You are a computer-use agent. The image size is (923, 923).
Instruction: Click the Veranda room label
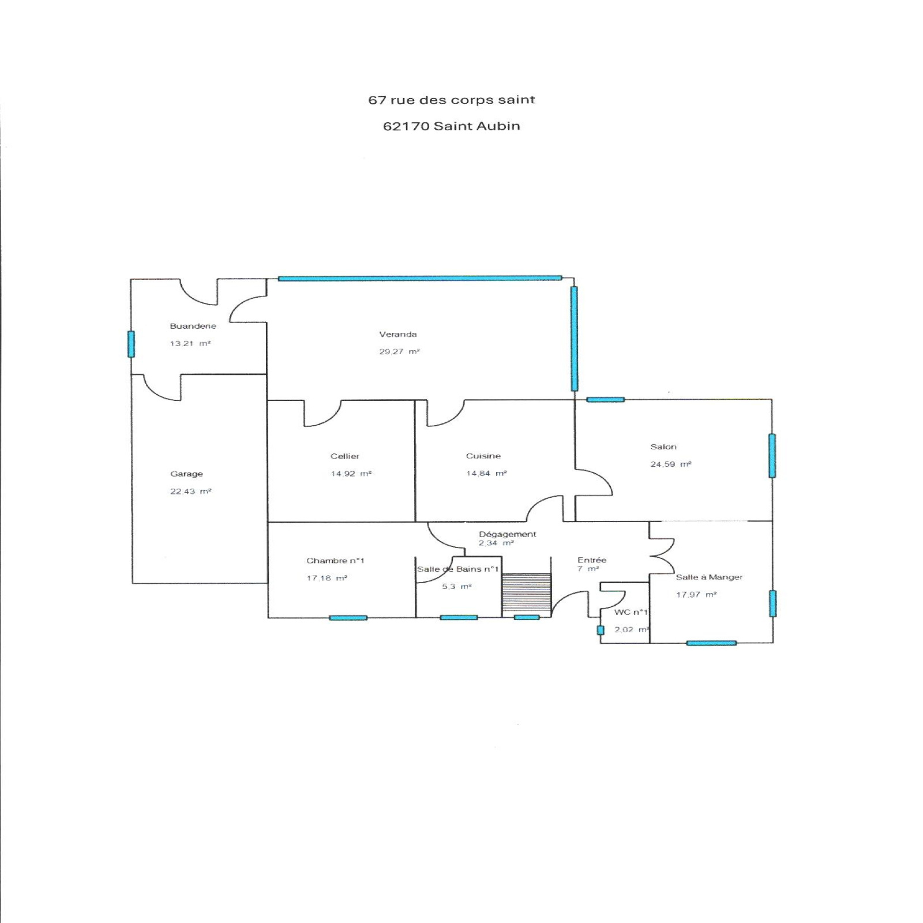point(397,334)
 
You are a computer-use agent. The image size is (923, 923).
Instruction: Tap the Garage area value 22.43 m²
point(190,491)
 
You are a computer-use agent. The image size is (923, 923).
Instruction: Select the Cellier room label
point(345,456)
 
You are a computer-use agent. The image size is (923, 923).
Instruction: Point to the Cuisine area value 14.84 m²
point(486,474)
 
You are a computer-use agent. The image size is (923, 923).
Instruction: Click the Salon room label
point(663,447)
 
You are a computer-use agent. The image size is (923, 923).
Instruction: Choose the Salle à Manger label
point(709,577)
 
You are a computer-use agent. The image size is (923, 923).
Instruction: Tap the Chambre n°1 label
point(335,561)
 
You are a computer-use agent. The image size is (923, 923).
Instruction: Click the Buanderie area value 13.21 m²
point(190,343)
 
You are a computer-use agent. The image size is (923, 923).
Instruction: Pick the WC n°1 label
point(631,612)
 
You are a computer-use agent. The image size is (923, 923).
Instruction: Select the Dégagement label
point(508,534)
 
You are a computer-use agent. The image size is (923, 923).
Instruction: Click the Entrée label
point(592,560)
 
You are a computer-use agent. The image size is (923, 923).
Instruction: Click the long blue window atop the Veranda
point(420,278)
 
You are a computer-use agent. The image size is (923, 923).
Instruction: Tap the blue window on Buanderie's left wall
point(131,344)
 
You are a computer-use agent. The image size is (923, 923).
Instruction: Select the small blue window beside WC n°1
point(601,631)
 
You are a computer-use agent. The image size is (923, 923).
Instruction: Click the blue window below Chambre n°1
point(348,618)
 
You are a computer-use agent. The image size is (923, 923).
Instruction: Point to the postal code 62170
point(406,126)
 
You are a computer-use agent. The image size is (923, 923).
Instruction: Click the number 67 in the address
point(377,100)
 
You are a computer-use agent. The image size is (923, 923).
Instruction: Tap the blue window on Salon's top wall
point(605,399)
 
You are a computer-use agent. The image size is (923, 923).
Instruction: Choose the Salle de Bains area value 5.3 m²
point(456,587)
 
